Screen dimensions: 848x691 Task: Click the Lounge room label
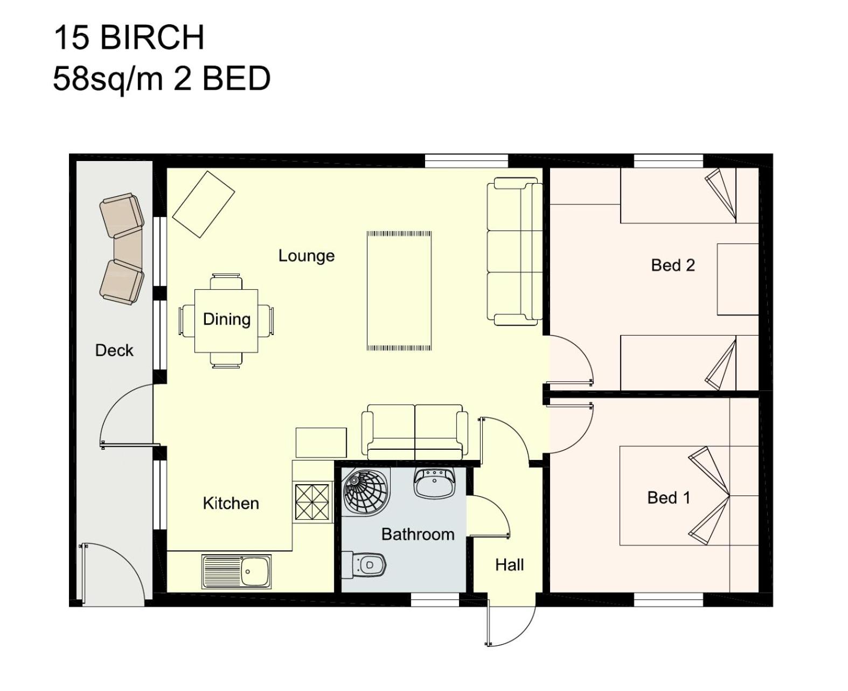(306, 256)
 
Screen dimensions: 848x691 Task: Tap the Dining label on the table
(226, 319)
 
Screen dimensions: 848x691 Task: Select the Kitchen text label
(231, 503)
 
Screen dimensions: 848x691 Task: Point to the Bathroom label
(418, 534)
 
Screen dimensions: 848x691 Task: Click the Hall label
(509, 565)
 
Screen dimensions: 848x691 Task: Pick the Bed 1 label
(669, 498)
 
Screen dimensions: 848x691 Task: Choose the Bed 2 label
(673, 265)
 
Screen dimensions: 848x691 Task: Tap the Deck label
(114, 350)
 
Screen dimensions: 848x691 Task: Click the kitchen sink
(237, 571)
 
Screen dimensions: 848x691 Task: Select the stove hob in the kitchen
(312, 502)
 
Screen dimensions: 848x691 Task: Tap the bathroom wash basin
(434, 483)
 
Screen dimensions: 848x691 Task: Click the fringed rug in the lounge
(399, 291)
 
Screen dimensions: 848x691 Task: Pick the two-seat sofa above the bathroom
(414, 432)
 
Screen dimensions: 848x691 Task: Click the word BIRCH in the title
(152, 37)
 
